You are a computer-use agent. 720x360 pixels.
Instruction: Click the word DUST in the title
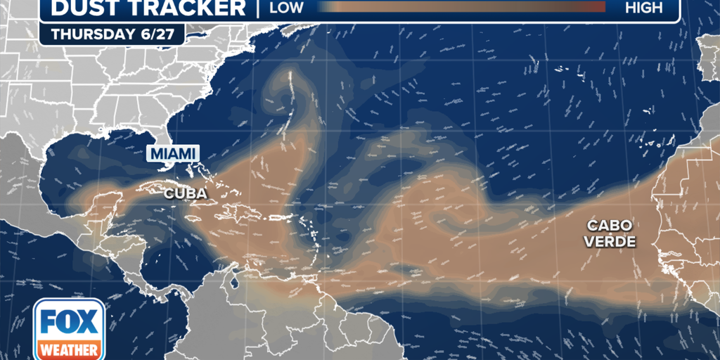pos(84,8)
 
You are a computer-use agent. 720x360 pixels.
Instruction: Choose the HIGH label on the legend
pos(643,8)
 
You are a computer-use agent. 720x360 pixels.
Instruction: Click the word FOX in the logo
pos(70,321)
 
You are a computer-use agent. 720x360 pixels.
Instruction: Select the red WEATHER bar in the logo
pos(70,349)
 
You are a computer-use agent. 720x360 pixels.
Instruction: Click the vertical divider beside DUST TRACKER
pos(259,8)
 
